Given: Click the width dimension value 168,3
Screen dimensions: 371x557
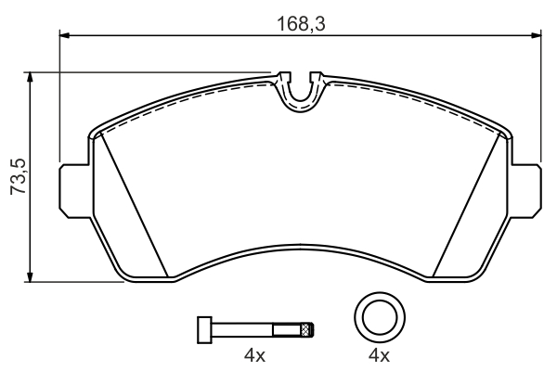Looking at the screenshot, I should coord(300,22).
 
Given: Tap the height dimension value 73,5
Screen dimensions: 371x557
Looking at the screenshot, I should coord(15,176).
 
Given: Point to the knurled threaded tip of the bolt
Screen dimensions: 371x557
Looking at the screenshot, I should coord(307,329).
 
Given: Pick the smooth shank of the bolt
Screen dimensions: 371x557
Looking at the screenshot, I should coord(246,329).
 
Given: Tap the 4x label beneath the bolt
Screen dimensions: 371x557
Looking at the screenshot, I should coord(254,356).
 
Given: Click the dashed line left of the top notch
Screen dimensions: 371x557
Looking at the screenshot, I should coord(186,96).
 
